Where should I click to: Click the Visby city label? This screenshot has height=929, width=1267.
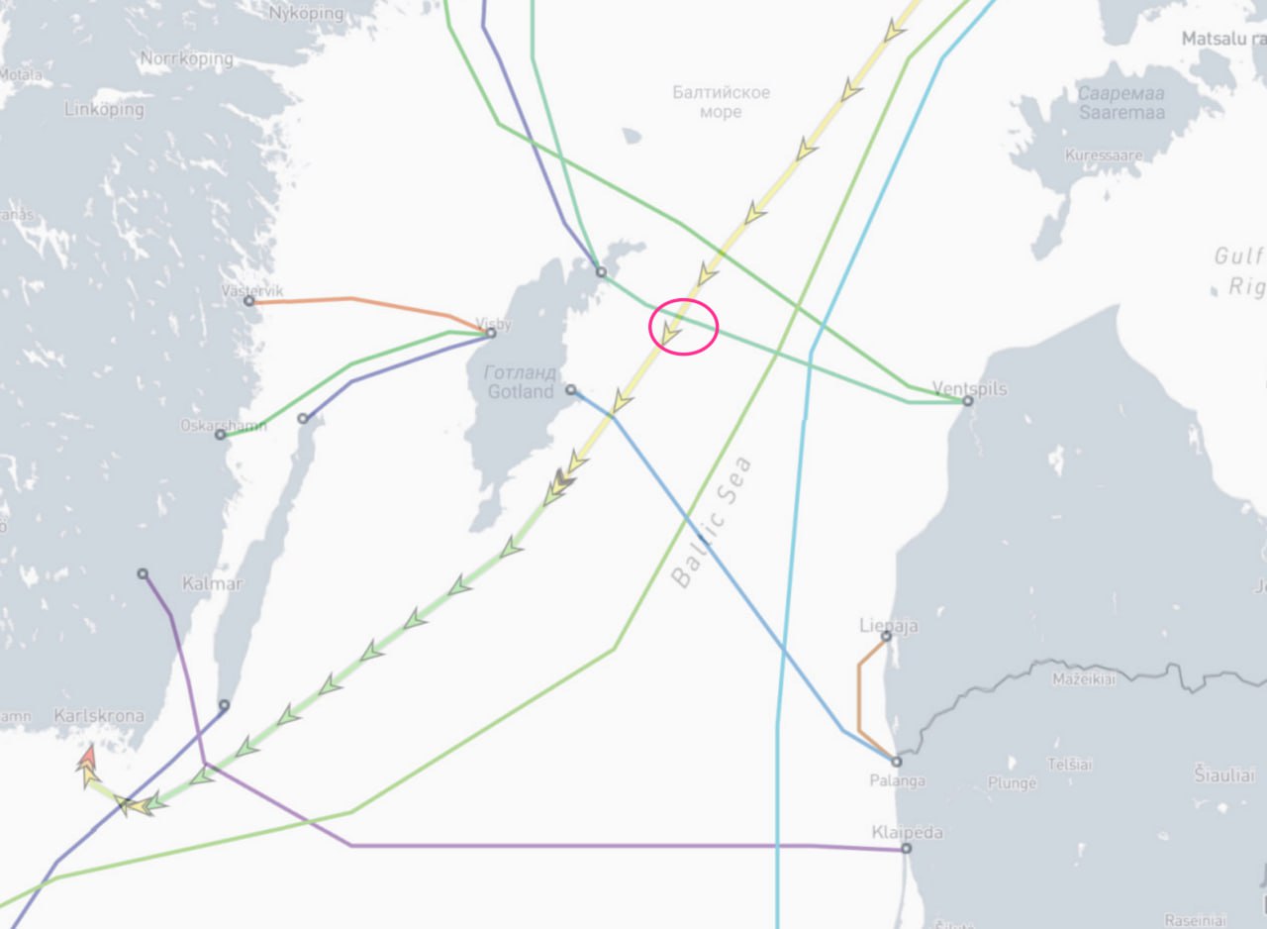(494, 323)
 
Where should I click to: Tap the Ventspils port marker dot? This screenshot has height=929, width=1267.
(968, 401)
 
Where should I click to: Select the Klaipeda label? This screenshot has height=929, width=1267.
(907, 832)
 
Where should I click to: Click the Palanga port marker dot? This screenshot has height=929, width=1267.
(897, 762)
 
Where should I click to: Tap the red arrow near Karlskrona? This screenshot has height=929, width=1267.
(88, 758)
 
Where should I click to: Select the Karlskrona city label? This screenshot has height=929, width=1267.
(99, 716)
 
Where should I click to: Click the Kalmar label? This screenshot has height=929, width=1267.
(212, 583)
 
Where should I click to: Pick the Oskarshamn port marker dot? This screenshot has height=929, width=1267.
(221, 435)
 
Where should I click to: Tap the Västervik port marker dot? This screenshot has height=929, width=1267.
(248, 301)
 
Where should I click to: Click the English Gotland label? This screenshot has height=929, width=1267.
(521, 391)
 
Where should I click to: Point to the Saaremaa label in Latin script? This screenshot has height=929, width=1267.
(1121, 112)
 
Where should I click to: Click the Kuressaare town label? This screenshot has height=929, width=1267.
(1104, 155)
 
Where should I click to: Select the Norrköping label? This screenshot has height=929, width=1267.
(186, 59)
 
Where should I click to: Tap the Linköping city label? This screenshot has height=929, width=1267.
(104, 110)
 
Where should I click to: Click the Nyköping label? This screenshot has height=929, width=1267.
(307, 14)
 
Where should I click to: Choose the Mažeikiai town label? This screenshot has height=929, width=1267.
(1082, 679)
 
